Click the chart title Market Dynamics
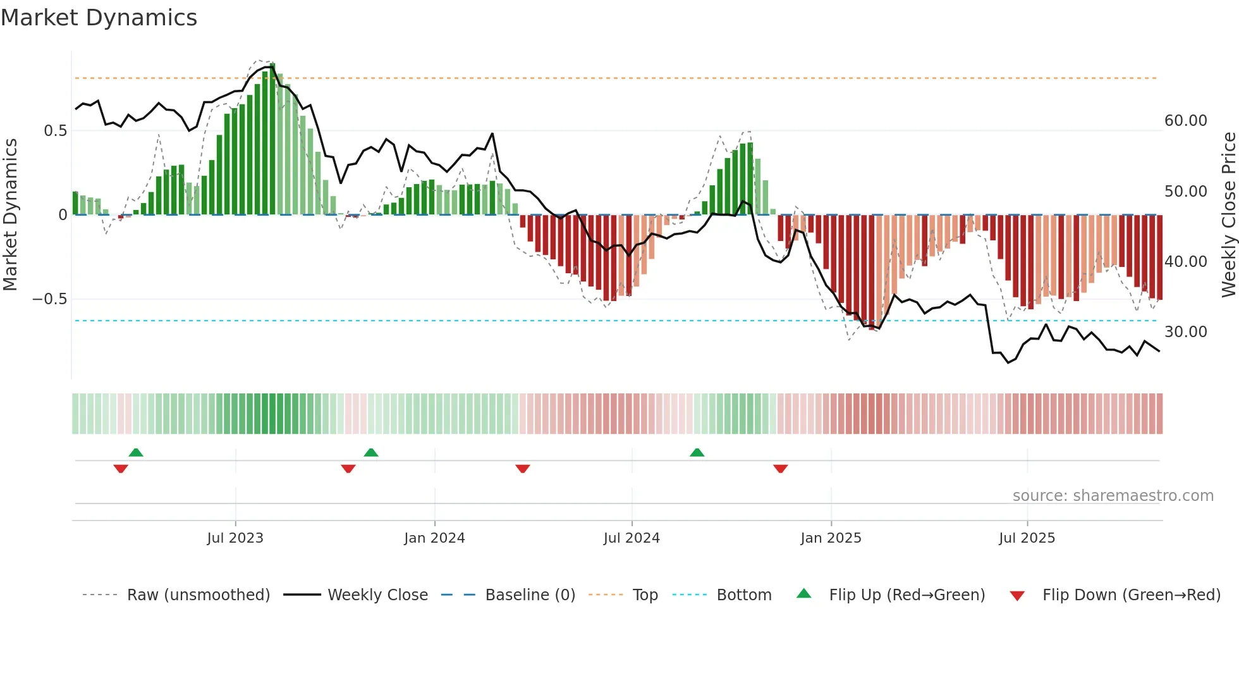click(x=99, y=18)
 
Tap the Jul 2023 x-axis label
click(x=235, y=538)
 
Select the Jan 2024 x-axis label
click(x=434, y=538)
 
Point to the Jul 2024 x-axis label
click(x=632, y=538)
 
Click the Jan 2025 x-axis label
click(x=831, y=538)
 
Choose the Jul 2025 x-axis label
click(x=1027, y=538)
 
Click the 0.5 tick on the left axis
click(x=55, y=131)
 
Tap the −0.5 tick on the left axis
click(x=49, y=299)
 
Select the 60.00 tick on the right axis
click(x=1185, y=121)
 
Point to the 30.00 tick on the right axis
click(x=1185, y=332)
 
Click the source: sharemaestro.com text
click(x=1113, y=496)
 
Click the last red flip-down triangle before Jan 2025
click(x=780, y=469)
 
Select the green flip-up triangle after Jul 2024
click(x=697, y=452)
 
